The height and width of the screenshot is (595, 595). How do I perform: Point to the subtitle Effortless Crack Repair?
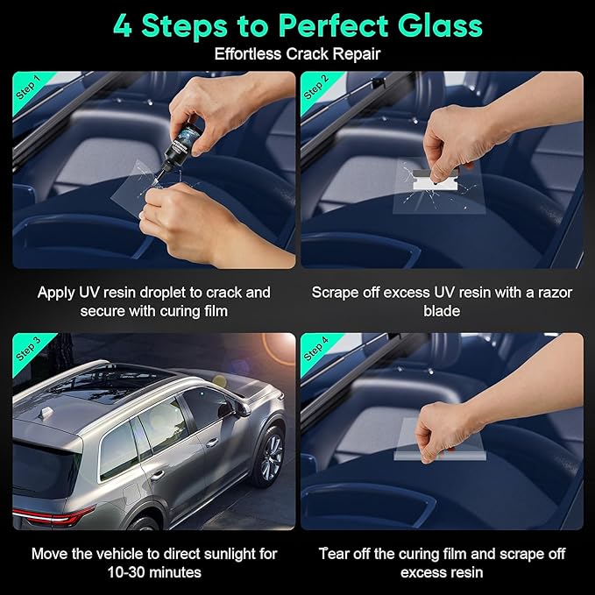297,54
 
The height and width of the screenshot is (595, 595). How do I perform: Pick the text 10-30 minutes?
153,572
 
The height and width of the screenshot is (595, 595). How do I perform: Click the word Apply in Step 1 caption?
56,293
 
